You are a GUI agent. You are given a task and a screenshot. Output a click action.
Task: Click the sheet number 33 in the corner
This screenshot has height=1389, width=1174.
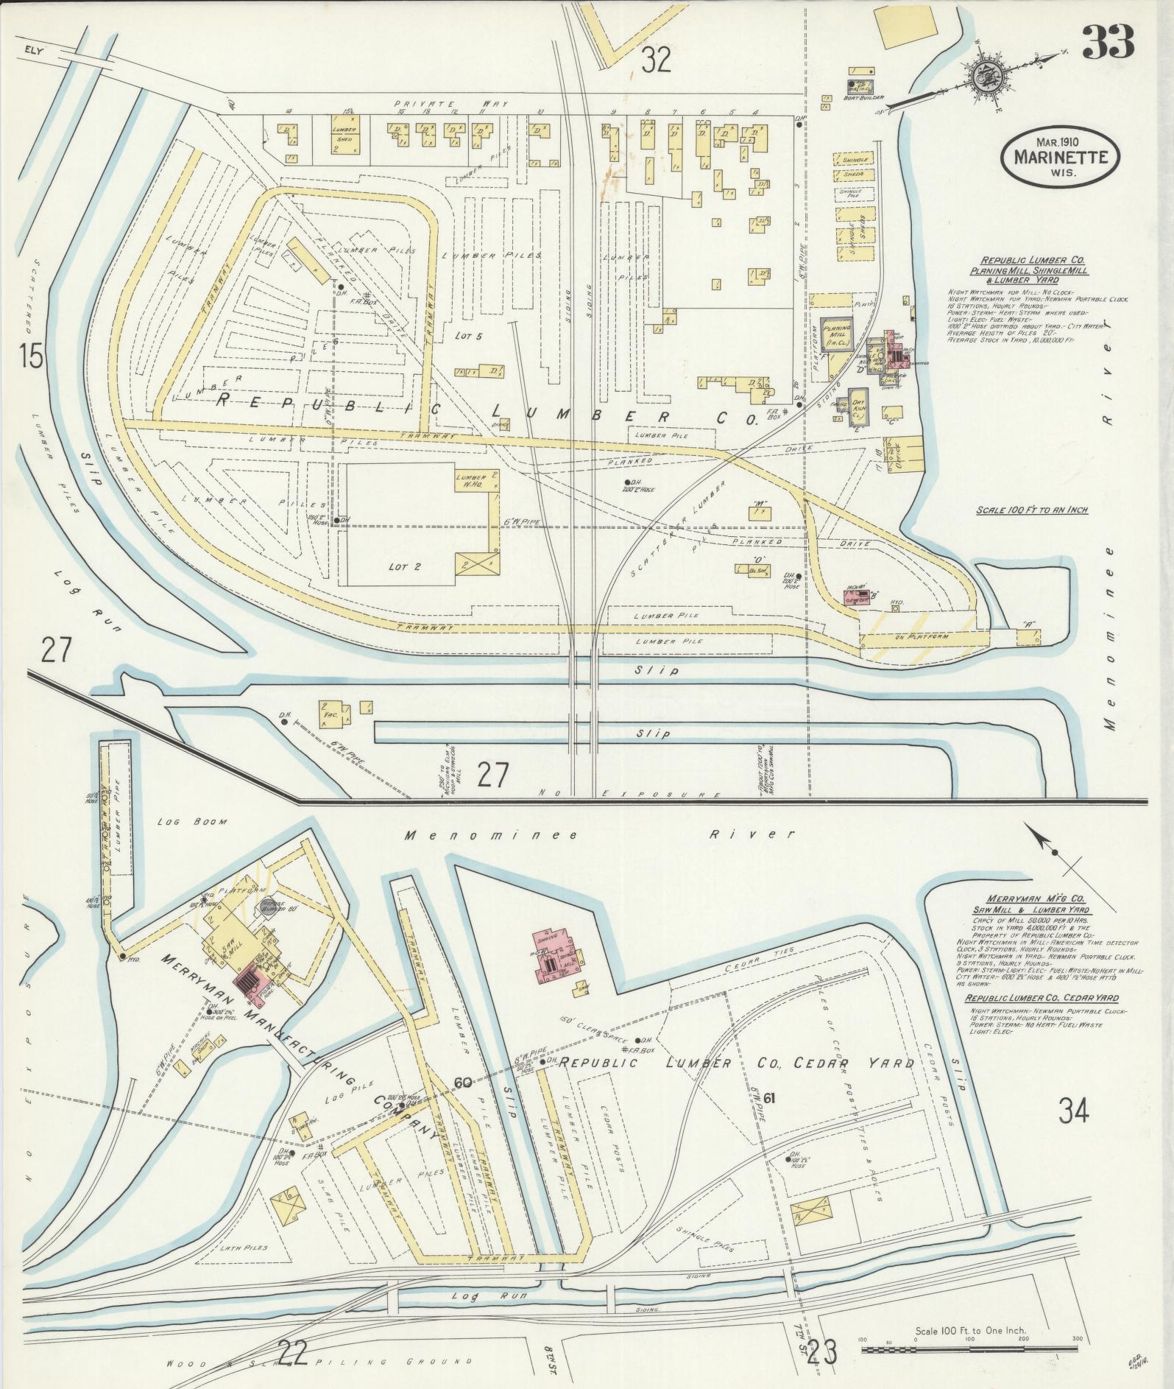point(1107,41)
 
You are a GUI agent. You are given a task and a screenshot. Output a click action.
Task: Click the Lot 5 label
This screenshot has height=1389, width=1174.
point(468,337)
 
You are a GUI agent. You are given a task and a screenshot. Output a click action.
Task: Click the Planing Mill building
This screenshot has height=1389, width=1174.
point(836,336)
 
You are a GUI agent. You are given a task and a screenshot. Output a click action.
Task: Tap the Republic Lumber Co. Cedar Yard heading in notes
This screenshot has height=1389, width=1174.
point(1041,998)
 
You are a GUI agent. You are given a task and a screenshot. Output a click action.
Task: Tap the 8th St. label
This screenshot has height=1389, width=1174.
point(548,1357)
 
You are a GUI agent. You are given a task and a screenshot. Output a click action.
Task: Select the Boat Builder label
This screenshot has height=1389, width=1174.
point(864,97)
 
